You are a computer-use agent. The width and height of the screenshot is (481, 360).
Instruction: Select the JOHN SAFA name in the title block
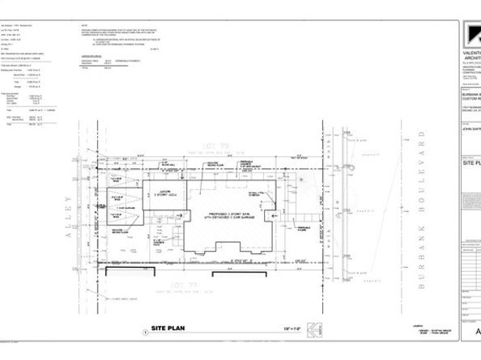coord(470,128)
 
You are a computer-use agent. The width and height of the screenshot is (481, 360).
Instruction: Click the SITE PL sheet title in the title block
coord(470,163)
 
